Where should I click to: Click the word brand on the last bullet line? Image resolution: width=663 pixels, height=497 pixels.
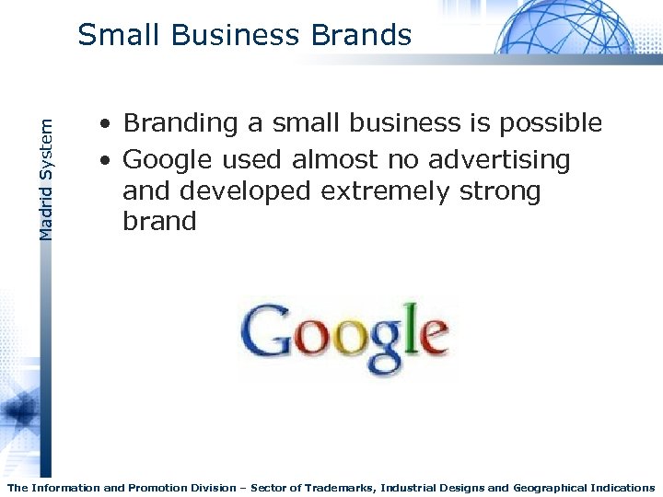159,222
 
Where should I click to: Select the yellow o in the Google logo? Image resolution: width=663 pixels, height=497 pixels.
350,340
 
